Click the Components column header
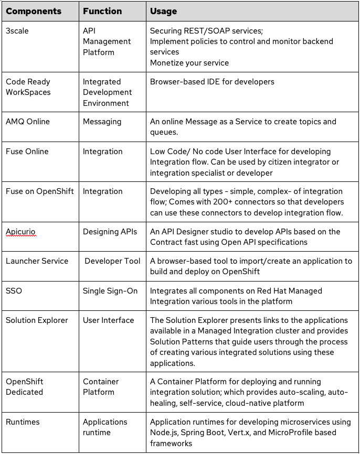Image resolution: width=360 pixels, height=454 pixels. point(34,11)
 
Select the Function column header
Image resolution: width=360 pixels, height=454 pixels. point(102,11)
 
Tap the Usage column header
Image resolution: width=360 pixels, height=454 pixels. point(164,11)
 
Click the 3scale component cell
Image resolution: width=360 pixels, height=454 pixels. point(17,31)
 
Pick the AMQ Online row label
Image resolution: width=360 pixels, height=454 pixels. point(28,122)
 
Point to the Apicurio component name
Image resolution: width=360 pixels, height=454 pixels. point(21,232)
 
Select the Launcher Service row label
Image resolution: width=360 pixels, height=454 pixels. point(37,261)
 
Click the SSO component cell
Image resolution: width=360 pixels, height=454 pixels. point(14,290)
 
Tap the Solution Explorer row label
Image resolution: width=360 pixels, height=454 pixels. point(37,320)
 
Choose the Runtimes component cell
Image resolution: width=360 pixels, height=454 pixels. point(23,422)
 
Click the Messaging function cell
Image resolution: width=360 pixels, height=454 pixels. point(102,122)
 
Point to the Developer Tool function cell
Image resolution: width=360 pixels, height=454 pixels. point(112,261)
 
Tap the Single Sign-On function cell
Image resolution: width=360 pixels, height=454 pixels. point(110,290)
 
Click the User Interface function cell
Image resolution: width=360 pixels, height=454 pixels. point(109,320)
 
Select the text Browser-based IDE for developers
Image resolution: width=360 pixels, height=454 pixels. point(212,82)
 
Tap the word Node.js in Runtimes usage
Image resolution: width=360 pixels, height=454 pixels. point(164,433)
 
